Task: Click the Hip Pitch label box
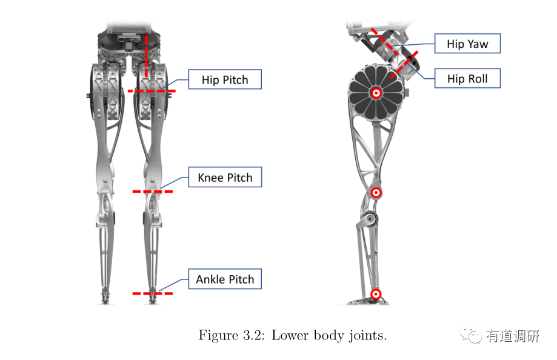pyautogui.click(x=225, y=79)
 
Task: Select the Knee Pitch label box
pyautogui.click(x=225, y=177)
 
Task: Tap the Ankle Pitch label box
pyautogui.click(x=225, y=279)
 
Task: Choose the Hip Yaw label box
pyautogui.click(x=467, y=44)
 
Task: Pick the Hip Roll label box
pyautogui.click(x=467, y=78)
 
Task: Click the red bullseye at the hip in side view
pyautogui.click(x=376, y=93)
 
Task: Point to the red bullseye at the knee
pyautogui.click(x=376, y=193)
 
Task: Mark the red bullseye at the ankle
pyautogui.click(x=376, y=295)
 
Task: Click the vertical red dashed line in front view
pyautogui.click(x=146, y=55)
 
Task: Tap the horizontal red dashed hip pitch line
pyautogui.click(x=152, y=91)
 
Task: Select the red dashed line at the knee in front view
pyautogui.click(x=152, y=192)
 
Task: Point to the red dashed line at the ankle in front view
pyautogui.click(x=152, y=293)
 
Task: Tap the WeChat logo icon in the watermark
pyautogui.click(x=471, y=335)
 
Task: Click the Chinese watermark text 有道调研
pyautogui.click(x=513, y=336)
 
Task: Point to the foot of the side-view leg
pyautogui.click(x=366, y=301)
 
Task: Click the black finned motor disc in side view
pyautogui.click(x=376, y=93)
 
